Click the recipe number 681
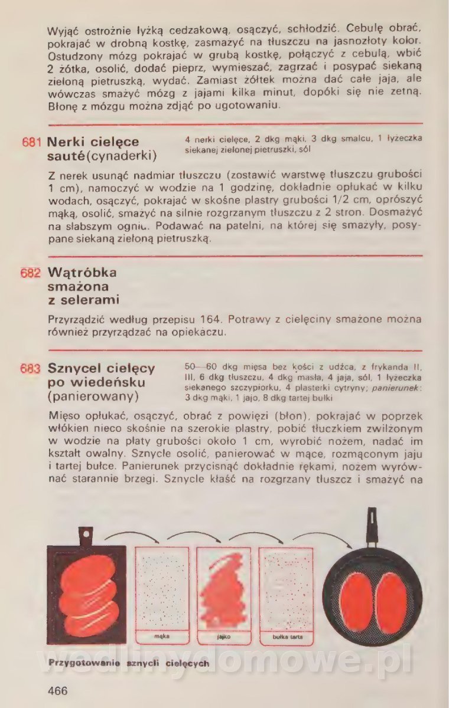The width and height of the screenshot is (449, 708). click(x=32, y=143)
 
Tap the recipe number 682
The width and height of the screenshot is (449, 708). click(x=31, y=273)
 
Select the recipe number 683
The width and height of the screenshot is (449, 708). click(x=31, y=369)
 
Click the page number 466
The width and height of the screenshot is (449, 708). click(x=58, y=690)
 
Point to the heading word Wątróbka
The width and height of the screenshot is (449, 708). click(x=82, y=273)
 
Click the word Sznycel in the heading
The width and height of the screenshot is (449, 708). click(x=74, y=369)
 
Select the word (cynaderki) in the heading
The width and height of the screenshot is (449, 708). click(x=122, y=156)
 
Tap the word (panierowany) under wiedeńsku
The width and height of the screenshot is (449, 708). click(x=93, y=396)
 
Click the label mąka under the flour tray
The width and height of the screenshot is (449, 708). click(x=162, y=636)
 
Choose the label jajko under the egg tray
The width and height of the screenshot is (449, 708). click(x=224, y=637)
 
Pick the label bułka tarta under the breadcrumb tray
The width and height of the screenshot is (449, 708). click(x=287, y=637)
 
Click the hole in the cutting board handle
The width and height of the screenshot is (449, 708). click(x=86, y=533)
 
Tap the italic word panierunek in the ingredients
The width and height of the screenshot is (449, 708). click(x=396, y=388)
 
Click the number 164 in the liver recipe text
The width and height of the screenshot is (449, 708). click(x=210, y=319)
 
